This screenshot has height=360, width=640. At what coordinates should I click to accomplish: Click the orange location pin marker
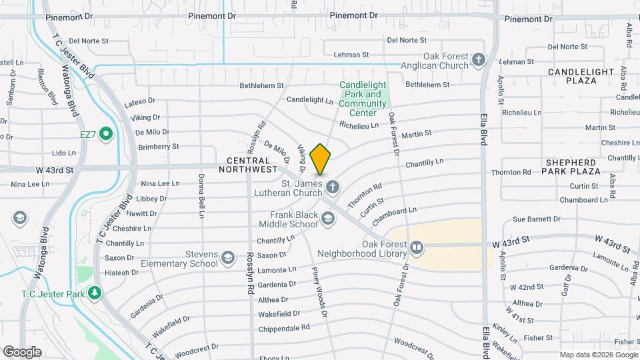tap(321, 159)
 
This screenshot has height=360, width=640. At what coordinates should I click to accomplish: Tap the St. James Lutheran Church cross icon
tap(332, 187)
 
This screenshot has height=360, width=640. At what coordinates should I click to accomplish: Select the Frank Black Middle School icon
tap(327, 218)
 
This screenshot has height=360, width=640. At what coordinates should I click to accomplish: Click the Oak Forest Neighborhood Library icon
tap(417, 248)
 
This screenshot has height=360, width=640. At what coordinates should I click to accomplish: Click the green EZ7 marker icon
tap(105, 135)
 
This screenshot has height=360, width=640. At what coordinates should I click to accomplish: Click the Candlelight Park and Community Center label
tap(363, 99)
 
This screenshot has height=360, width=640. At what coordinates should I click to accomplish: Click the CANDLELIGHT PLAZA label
tap(581, 76)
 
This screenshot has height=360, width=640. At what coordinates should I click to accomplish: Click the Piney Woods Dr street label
tap(319, 292)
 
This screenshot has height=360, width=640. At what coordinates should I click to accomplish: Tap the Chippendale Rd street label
tap(283, 327)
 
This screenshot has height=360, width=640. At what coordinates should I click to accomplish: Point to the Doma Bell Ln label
tap(201, 195)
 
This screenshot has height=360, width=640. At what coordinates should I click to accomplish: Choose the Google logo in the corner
tap(22, 351)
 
